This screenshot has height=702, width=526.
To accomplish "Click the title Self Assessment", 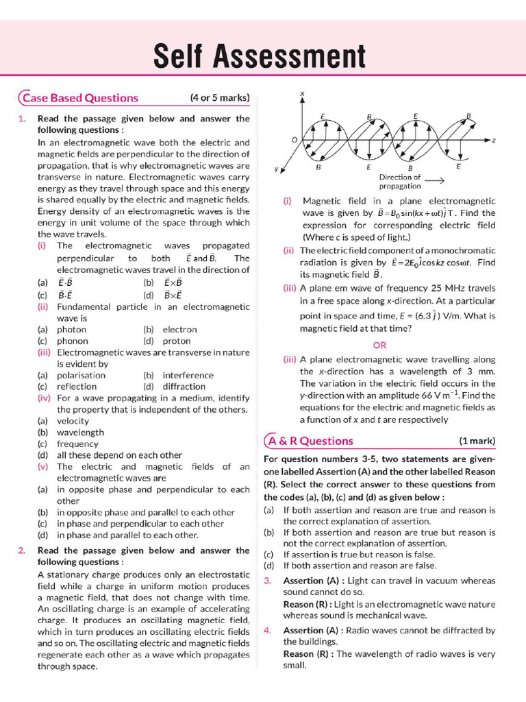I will tap(260, 56).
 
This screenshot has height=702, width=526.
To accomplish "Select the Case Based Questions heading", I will tap(80, 97).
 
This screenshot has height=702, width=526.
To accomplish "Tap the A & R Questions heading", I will tap(311, 441).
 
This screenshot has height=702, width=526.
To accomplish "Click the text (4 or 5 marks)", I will tap(220, 97).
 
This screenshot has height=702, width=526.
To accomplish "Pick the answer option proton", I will tap(177, 341).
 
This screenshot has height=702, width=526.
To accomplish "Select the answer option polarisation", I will tap(81, 375).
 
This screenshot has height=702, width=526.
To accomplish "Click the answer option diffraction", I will tap(184, 387).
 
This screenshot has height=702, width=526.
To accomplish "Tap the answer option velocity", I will tap(73, 421).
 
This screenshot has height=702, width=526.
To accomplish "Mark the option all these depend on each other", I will tap(119, 455).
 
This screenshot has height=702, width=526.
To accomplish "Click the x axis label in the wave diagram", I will tap(302, 93).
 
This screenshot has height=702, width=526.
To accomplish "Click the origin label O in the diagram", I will tap(294, 139).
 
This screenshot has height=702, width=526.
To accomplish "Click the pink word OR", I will tap(379, 345).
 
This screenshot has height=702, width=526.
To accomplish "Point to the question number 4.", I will tap(268, 630).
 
